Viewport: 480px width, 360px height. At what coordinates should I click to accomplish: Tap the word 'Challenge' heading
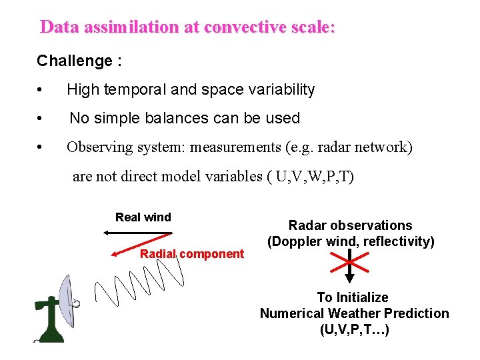75,61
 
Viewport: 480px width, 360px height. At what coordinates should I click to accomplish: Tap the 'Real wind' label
143,217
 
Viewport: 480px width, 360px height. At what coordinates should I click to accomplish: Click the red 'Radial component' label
192,253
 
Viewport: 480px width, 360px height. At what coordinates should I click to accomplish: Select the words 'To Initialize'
353,297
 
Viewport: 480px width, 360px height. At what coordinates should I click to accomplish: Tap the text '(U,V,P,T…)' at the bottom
354,329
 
